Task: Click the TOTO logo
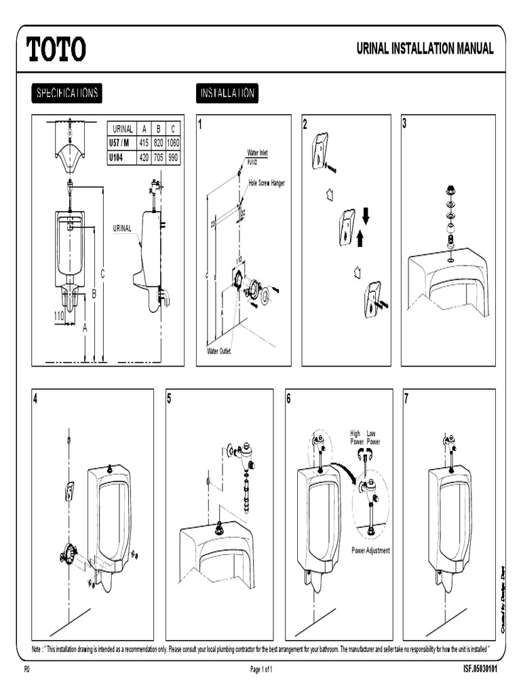pos(56,49)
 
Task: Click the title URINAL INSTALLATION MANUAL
pos(425,49)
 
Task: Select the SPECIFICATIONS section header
pos(66,93)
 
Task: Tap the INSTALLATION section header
pos(227,93)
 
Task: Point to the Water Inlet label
pos(258,153)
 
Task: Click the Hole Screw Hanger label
pos(267,183)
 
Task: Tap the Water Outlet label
pos(219,351)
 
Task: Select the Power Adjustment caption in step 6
pos(370,550)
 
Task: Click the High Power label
pos(355,437)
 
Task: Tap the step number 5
pos(170,399)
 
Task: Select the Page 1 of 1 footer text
pos(261,669)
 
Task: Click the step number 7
pos(406,399)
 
